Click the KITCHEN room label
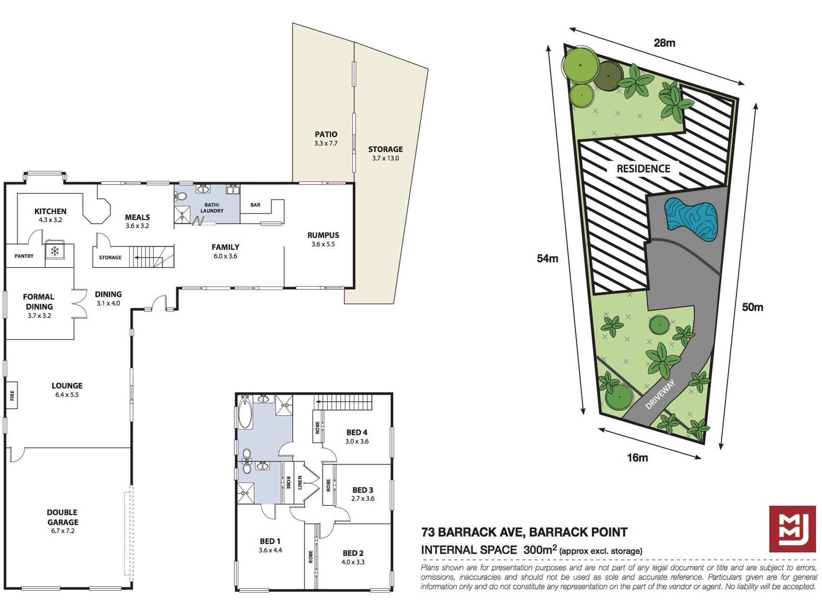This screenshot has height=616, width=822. pos(51,211)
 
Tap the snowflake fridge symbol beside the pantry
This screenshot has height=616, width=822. pos(55,251)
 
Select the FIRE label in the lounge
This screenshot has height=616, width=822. pos(12,395)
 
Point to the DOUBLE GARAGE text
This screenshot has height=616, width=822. pos(62,517)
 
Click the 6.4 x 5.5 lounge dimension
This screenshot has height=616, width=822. pos(67,395)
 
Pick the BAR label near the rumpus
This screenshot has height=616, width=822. pos(255,205)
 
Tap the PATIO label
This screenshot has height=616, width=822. pos(326,134)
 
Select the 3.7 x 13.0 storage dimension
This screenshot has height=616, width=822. pos(385,158)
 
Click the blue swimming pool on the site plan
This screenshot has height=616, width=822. pos(691,220)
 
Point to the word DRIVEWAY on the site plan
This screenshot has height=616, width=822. pos(660,394)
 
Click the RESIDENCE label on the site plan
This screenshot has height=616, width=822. pos(643,169)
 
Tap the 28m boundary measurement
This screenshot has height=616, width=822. pos(665,43)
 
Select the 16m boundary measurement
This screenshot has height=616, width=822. pos(638,457)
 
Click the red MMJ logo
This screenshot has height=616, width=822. pos(793,529)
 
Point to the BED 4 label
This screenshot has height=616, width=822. pos(357,432)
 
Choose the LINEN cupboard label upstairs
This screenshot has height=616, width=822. pos(300,483)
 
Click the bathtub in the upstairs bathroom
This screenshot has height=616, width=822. pos(245,412)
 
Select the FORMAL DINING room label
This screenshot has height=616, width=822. pos(39,302)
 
